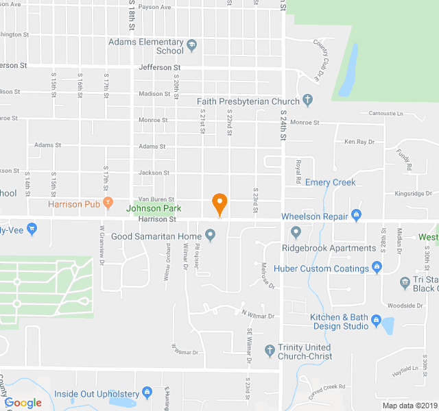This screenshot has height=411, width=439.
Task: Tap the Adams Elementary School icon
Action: [x=192, y=47]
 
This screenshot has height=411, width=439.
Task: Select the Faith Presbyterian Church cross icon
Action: [x=307, y=101]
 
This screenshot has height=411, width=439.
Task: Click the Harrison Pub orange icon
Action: [x=108, y=204]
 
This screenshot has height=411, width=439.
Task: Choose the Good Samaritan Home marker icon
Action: [x=211, y=237]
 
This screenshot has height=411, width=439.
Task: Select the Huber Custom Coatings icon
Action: [x=377, y=268]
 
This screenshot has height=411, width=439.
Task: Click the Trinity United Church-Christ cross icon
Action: [x=270, y=348]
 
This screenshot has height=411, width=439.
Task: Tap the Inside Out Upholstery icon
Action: [x=147, y=393]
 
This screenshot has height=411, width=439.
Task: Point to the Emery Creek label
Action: [x=330, y=182]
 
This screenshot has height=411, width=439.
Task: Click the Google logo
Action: [x=23, y=403]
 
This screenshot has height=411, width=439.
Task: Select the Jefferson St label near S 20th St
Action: [x=159, y=68]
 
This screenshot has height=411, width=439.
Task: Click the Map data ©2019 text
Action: [x=410, y=406]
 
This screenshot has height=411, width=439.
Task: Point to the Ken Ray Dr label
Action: [x=359, y=142]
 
